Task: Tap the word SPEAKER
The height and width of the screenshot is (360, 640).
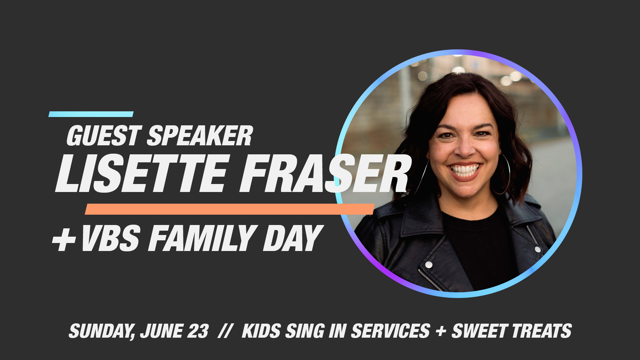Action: click(200, 136)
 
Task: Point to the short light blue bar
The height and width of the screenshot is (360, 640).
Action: click(91, 114)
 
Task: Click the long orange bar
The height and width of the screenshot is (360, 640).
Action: click(230, 209)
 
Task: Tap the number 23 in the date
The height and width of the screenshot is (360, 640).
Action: click(198, 331)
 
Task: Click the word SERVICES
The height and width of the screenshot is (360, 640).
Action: click(390, 331)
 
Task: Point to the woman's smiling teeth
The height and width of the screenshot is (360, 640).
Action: click(465, 170)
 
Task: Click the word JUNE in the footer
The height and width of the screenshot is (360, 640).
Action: click(161, 331)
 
